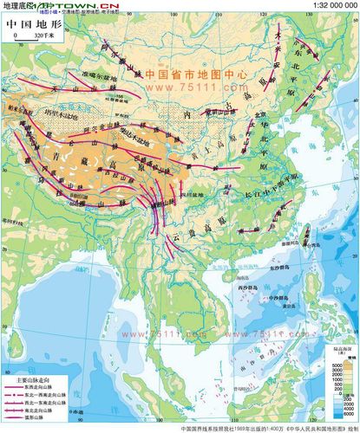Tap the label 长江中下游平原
point(260,194)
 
